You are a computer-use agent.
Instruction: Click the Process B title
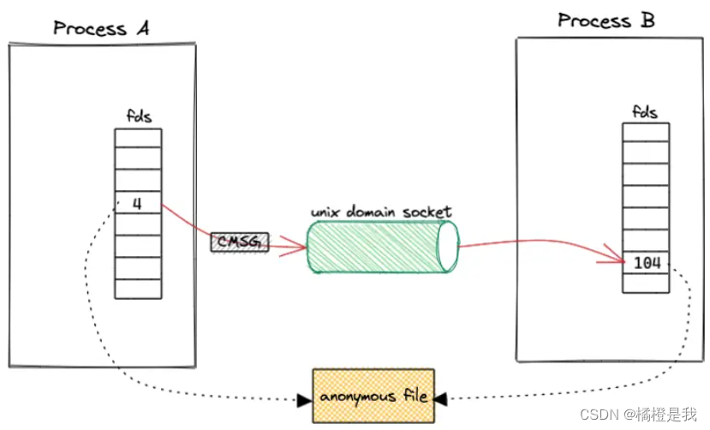click(x=606, y=21)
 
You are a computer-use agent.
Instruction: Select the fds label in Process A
click(x=139, y=116)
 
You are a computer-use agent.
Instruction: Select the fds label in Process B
click(x=646, y=111)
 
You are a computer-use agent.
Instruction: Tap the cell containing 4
click(x=138, y=205)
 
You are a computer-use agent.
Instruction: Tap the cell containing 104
click(x=646, y=263)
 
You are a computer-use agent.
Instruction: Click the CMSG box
click(x=239, y=242)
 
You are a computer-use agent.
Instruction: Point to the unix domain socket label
click(x=380, y=212)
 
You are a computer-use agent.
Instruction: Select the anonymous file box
click(x=373, y=397)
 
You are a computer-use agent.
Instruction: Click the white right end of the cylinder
click(x=447, y=248)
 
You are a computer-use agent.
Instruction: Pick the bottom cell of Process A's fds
click(x=138, y=289)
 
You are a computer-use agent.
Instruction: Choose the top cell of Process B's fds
click(x=646, y=134)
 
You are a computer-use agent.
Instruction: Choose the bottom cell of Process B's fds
click(x=646, y=284)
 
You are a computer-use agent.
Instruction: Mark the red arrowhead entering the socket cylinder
click(x=299, y=248)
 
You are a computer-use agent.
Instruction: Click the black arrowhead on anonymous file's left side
click(x=304, y=399)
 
